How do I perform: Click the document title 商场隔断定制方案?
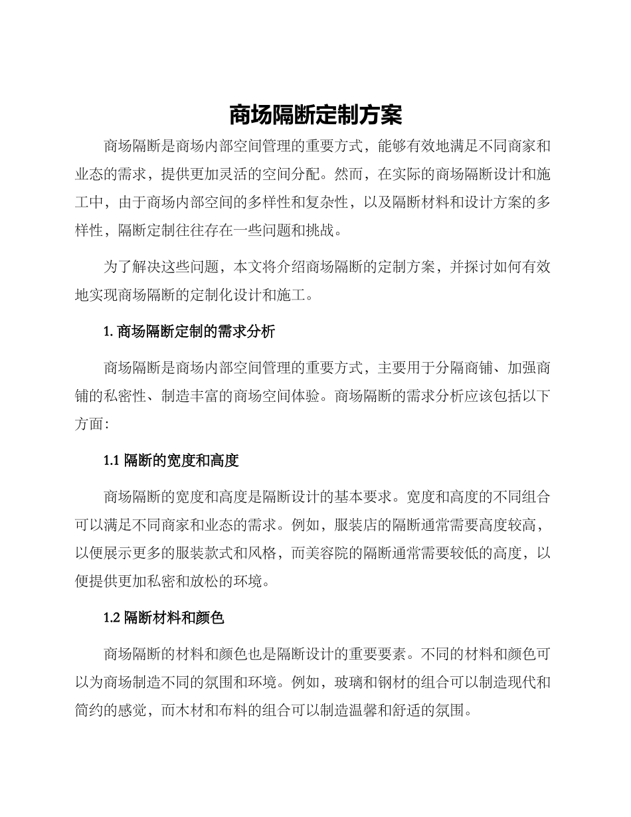click(315, 115)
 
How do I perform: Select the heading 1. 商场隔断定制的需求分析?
click(189, 332)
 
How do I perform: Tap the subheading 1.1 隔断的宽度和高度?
click(171, 460)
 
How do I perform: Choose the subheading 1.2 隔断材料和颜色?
click(164, 618)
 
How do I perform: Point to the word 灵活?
click(262, 174)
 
